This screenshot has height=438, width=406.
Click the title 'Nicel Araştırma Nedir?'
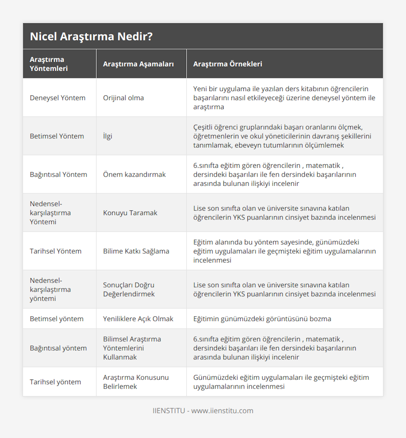91,37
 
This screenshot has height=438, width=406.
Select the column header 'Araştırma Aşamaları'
138,64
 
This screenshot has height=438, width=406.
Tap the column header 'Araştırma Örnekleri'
227,64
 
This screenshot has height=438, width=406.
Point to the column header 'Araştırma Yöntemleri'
49,64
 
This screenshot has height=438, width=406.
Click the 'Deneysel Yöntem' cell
58,98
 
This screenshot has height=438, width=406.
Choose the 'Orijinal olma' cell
123,98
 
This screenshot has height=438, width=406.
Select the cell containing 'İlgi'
108,136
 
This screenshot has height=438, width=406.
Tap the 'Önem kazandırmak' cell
134,175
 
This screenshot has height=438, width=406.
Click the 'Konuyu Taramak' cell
130,213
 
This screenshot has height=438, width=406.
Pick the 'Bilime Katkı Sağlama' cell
136,251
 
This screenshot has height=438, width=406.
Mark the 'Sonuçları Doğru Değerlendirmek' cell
129,290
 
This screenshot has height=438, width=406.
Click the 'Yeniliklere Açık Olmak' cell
138,319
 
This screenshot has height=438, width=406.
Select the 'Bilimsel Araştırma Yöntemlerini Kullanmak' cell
132,348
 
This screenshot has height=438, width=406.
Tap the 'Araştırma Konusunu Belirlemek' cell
136,382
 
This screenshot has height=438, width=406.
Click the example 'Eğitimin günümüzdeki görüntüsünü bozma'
262,319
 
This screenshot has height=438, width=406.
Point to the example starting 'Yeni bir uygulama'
284,98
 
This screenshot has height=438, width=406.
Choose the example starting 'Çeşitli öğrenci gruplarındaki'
282,136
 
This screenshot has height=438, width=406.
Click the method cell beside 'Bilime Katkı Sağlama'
55,251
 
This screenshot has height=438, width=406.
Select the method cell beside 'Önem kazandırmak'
58,175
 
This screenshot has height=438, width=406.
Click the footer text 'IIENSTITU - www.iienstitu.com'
203,411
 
